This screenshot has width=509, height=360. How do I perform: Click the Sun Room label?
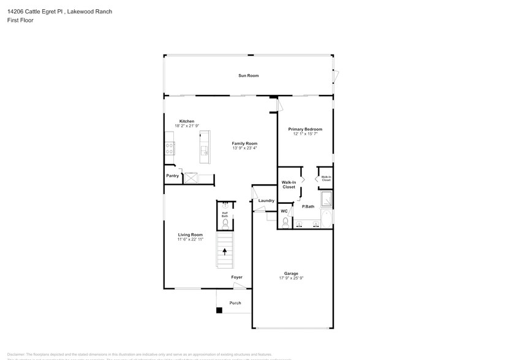click(x=248, y=75)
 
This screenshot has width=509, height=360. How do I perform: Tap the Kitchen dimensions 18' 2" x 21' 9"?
click(x=186, y=126)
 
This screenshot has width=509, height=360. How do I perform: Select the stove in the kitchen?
click(x=169, y=148)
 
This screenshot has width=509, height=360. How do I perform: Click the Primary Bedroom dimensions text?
click(x=305, y=134)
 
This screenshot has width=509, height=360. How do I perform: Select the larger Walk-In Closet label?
click(x=289, y=184)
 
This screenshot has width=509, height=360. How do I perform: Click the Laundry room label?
click(x=266, y=201)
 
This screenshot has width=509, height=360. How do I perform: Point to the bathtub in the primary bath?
click(x=327, y=217)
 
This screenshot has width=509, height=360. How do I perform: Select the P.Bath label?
click(x=308, y=206)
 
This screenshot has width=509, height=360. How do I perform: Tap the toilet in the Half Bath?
click(x=225, y=223)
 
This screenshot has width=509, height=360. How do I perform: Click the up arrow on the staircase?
click(x=225, y=250)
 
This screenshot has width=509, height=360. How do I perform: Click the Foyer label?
click(x=236, y=277)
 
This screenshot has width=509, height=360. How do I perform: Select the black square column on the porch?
click(x=219, y=310)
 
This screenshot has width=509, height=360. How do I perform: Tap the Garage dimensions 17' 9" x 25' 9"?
click(x=291, y=278)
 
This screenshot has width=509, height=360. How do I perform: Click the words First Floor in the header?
click(x=21, y=20)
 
